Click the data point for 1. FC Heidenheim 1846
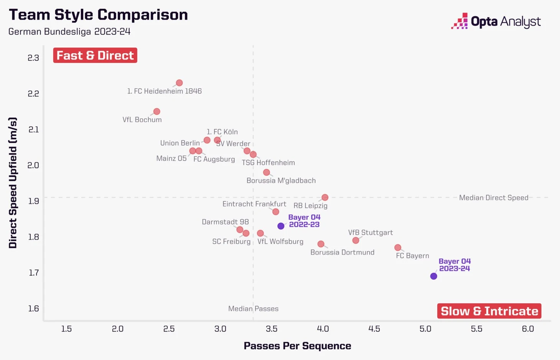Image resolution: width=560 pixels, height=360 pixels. coord(179,83)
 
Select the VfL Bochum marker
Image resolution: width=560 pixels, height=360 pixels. coord(156,112)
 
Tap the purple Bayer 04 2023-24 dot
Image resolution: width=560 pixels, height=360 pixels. coord(433,276)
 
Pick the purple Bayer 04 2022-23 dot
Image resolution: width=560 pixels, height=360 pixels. coord(281,226)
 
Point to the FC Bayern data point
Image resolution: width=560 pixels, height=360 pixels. coord(398,248)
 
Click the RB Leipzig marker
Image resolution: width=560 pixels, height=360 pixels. coord(325,197)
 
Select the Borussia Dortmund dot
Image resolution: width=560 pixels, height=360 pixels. coord(321,244)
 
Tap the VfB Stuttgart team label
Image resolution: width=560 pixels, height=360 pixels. coord(370,233)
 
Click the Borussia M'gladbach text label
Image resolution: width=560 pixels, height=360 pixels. coord(281,180)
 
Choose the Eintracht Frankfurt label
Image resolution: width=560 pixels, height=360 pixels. coord(254,204)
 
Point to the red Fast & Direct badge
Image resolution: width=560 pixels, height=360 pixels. coord(95,55)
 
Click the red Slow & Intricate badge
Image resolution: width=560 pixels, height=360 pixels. coord(489,311)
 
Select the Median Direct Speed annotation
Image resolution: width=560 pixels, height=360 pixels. coord(493,198)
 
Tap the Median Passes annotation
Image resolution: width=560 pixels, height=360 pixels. coord(253,309)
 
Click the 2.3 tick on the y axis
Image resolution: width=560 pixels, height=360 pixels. coord(33,58)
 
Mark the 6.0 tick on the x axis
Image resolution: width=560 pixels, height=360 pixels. coord(528,329)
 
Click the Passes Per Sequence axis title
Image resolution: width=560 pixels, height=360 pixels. coord(297,346)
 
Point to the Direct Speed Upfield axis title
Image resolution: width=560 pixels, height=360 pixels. coord(13,183)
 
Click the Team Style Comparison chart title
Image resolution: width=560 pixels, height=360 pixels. coord(98,15)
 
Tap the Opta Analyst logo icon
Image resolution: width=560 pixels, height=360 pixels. coord(460,21)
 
